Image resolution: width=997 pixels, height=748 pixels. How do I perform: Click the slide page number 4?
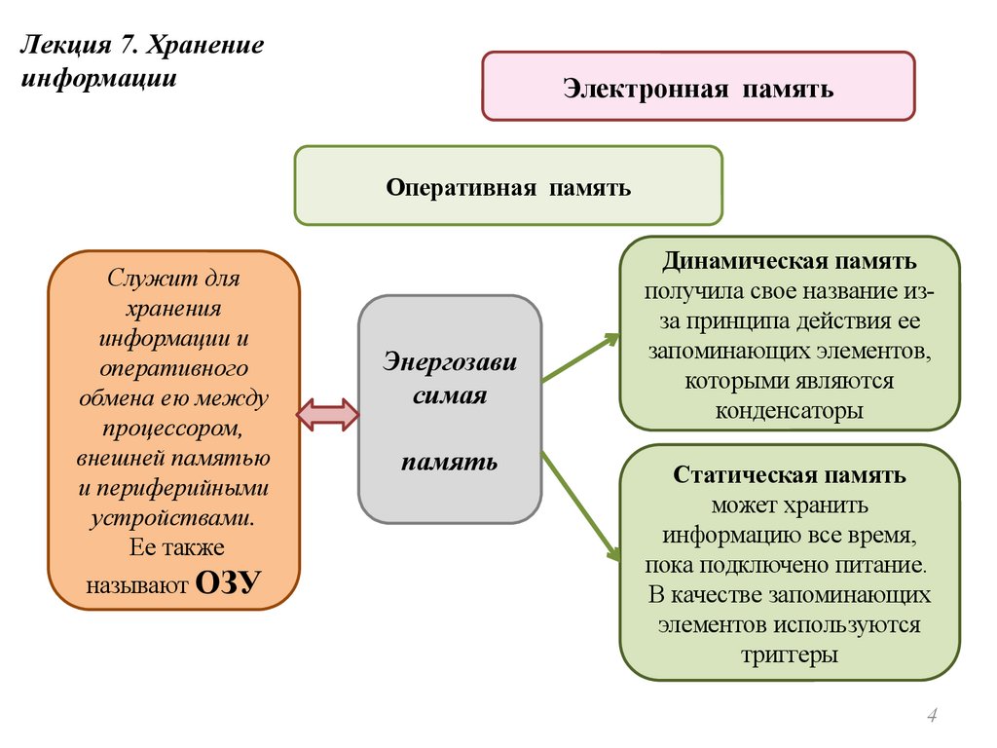(932, 718)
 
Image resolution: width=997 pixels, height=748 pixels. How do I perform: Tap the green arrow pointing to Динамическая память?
(580, 357)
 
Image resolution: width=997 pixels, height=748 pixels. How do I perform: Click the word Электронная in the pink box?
(646, 90)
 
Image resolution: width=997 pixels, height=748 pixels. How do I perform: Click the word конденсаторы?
(789, 410)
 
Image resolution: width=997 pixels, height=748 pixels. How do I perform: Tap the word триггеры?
(789, 654)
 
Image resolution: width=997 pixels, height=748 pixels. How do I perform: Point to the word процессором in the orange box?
(172, 428)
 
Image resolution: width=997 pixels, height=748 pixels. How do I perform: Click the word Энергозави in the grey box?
(449, 362)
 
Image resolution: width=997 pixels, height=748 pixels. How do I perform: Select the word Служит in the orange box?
(141, 279)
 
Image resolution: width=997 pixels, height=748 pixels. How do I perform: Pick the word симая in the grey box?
(449, 395)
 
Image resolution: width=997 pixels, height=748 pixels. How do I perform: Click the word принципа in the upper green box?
(735, 322)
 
